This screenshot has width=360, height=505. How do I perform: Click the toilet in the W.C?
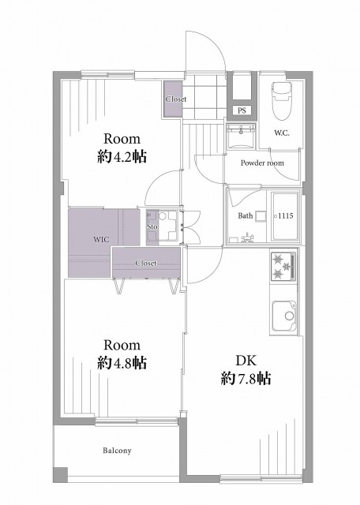(282, 100)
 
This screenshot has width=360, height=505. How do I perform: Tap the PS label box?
(242, 110)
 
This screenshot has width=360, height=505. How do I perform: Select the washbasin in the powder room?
(241, 137)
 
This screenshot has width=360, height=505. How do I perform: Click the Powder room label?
(262, 163)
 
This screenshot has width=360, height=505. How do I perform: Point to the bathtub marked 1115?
(286, 216)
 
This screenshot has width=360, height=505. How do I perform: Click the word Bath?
(246, 215)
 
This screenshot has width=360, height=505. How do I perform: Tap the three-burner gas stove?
(283, 267)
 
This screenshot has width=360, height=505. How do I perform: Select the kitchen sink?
(284, 317)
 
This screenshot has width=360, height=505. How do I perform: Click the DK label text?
(246, 361)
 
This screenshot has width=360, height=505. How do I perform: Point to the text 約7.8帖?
(246, 379)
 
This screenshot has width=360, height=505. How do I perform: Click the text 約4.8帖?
(122, 363)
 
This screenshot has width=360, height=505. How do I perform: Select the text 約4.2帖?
(122, 157)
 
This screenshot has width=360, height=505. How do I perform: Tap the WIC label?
(101, 240)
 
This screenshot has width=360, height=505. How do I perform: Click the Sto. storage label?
(152, 226)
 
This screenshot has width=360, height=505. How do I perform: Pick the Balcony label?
(117, 451)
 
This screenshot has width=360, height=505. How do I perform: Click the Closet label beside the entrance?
(176, 99)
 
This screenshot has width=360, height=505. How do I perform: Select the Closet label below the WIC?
(146, 263)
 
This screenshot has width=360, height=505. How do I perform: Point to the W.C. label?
(282, 133)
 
